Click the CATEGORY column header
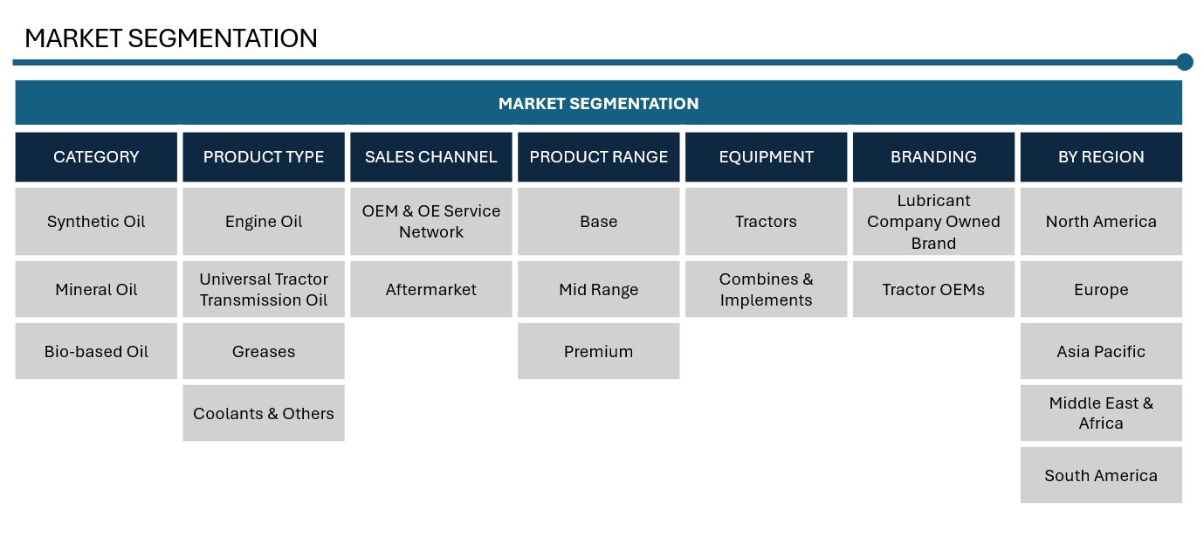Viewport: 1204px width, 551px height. coord(96,157)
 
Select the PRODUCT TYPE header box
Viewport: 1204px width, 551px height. coord(264,157)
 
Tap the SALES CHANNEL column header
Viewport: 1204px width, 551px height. coord(431,157)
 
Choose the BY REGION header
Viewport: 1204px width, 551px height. coord(1101,157)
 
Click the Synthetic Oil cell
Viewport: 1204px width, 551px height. coord(96,221)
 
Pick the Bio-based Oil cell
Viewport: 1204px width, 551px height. coord(96,351)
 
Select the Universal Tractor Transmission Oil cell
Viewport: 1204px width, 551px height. coord(264,289)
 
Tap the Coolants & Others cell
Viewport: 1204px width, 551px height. coord(264,413)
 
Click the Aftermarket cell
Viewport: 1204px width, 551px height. coord(431,289)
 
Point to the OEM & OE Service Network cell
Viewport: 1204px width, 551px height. coord(431,221)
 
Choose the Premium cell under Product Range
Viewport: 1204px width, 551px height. coord(598,351)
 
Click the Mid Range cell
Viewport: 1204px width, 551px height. coord(598,289)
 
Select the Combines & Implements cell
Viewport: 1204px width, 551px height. coord(766,289)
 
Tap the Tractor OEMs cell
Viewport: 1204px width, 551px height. coord(933,289)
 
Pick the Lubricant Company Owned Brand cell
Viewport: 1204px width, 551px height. coord(933,221)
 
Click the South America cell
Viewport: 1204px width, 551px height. coord(1101,475)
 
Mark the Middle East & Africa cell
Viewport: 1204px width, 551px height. coord(1101,413)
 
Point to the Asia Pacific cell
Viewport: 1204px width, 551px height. coord(1101,351)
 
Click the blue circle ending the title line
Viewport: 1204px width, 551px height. coord(1185,62)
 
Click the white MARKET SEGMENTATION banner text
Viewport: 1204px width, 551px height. coord(598,103)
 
